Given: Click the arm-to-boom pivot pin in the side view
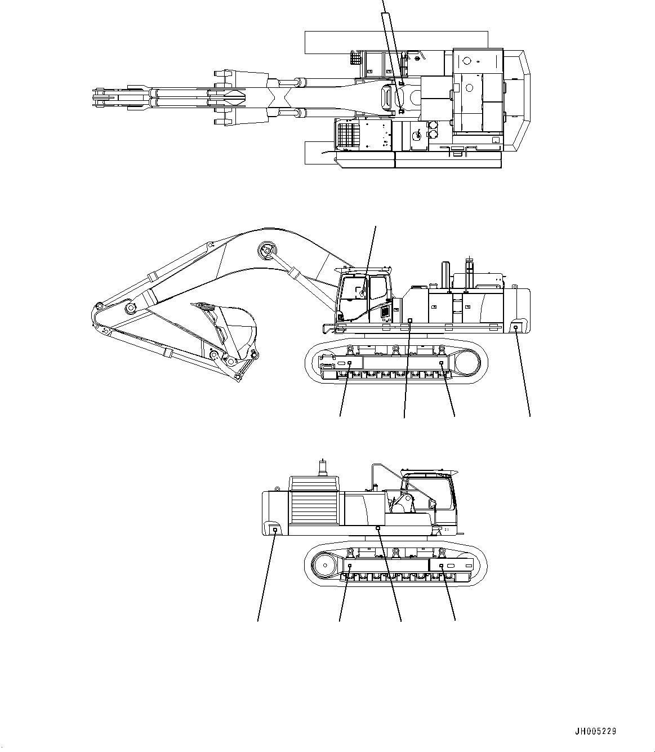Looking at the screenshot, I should coord(130,308).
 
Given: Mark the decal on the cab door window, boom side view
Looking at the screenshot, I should coord(359,291).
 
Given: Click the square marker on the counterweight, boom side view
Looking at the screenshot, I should coord(515,327).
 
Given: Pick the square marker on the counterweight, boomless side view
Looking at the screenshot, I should coord(274,529).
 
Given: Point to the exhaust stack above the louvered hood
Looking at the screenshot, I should coord(323,467).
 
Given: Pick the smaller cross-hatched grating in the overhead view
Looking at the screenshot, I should coord(355,58).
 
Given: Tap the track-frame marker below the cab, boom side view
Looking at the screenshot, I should coord(349,364).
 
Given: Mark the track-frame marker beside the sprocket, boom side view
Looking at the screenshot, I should coord(441,364).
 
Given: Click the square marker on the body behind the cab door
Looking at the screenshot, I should coord(409,320).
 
